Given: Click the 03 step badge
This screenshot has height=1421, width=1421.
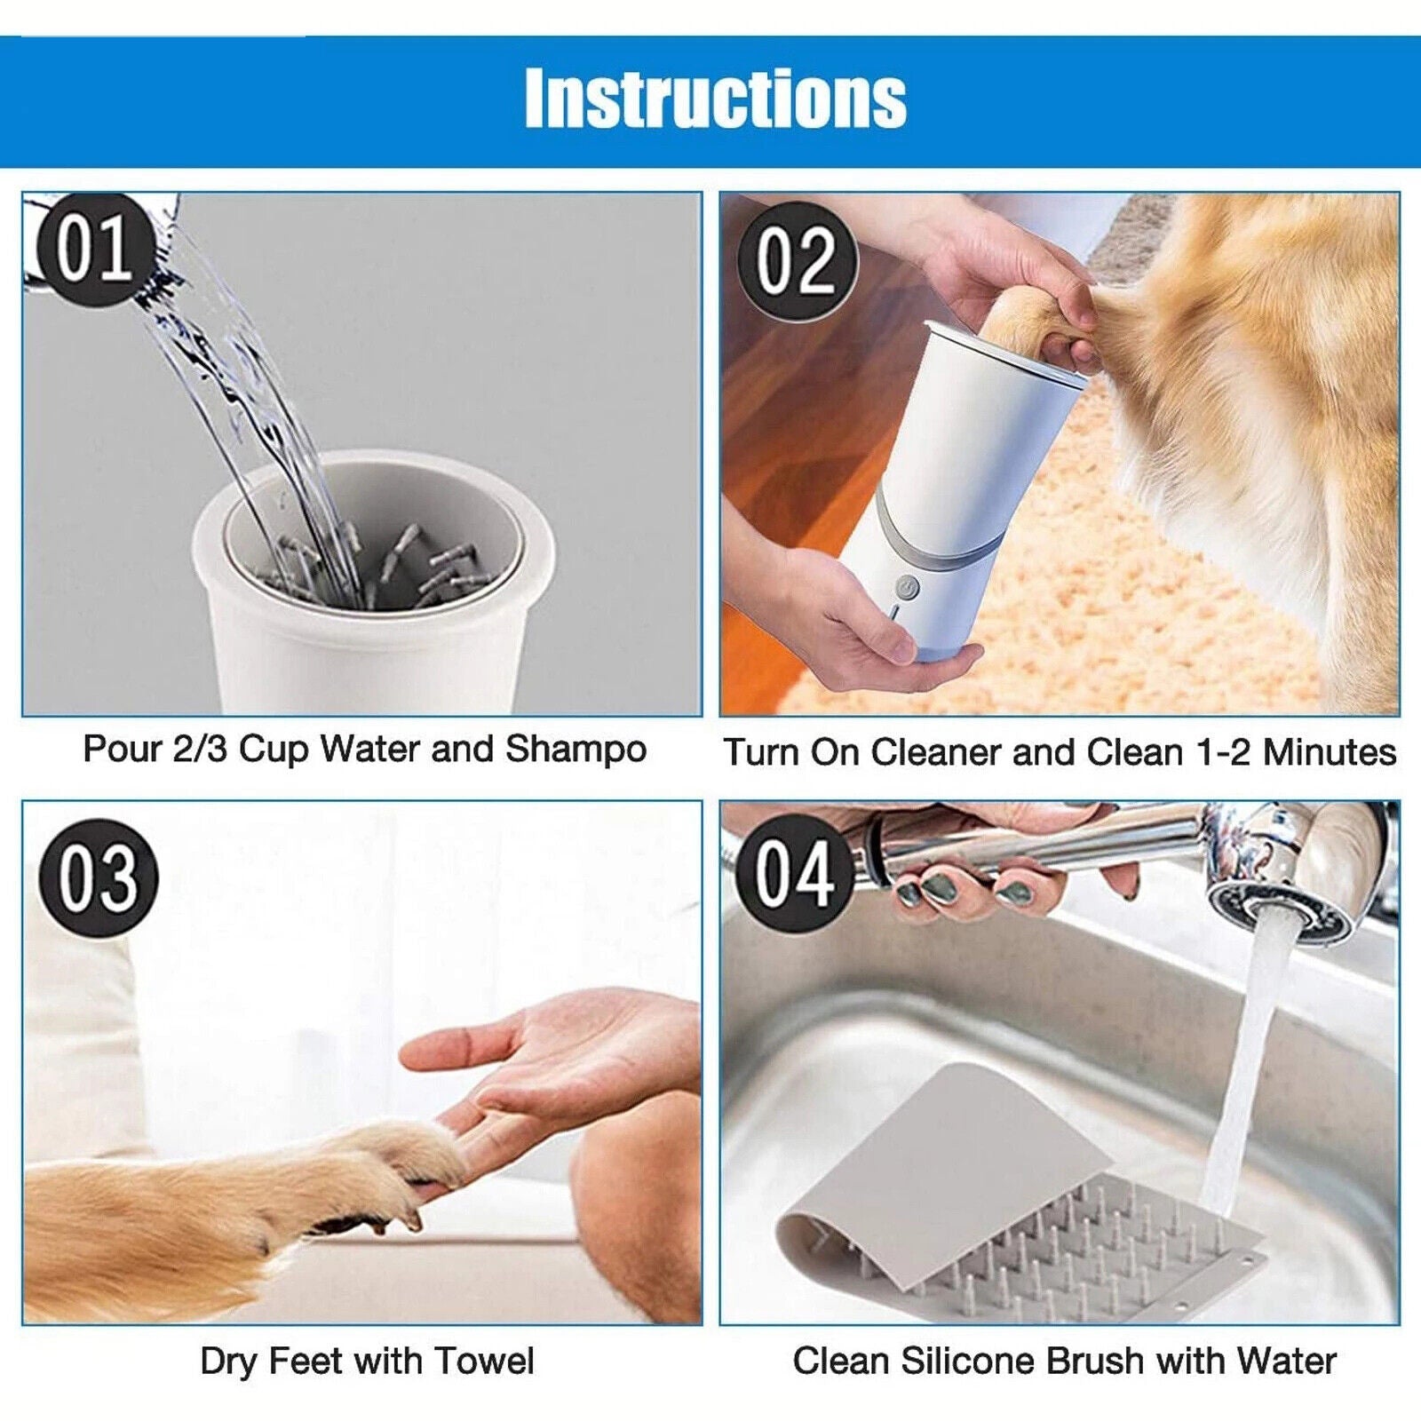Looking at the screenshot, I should point(98,877).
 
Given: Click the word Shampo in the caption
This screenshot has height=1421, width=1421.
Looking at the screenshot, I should point(576,750).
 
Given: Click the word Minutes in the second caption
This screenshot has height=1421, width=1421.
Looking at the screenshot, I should point(1330,752).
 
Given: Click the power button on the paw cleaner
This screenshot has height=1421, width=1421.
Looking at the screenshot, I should point(907,587).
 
